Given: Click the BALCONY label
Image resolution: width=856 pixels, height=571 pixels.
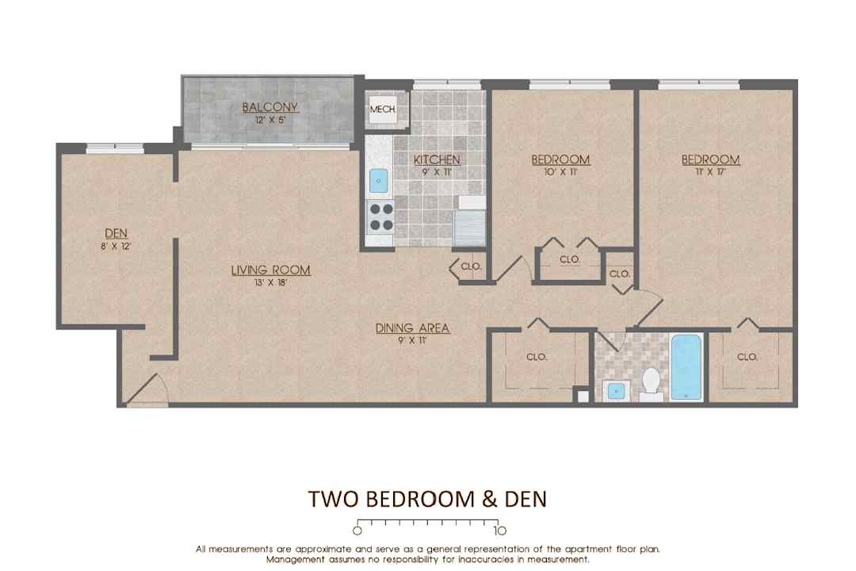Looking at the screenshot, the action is [x=269, y=107].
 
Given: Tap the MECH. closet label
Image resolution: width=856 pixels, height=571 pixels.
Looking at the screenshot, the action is [x=383, y=109].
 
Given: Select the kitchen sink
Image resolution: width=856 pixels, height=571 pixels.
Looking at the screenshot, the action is [x=378, y=181].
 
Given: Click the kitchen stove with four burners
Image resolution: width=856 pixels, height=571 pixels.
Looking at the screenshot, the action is [x=380, y=217].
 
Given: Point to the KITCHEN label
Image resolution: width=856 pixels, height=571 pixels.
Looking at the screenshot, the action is [x=437, y=159].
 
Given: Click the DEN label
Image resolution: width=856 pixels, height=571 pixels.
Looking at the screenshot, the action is [x=116, y=233].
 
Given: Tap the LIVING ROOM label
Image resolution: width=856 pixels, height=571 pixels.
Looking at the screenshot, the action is [x=271, y=270].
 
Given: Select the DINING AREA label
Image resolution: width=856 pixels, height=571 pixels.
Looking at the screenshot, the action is [x=412, y=328].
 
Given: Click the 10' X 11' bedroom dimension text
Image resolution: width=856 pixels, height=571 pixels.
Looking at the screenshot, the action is [x=560, y=172].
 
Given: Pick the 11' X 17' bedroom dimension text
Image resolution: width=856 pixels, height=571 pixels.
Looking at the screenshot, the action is [x=711, y=172].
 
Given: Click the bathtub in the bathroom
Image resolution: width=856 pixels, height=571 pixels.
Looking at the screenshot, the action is [x=686, y=367].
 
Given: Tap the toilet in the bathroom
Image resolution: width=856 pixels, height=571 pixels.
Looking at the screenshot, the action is [x=652, y=383].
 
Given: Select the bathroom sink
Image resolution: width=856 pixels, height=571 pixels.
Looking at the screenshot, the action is [x=617, y=391].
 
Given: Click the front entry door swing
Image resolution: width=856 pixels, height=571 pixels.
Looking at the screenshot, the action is [x=147, y=390].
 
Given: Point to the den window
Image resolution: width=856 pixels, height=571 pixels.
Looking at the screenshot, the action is [x=115, y=147].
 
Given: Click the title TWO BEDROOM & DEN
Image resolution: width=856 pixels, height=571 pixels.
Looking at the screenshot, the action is [x=427, y=499].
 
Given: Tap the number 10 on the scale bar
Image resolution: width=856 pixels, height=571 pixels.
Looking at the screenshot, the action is [x=500, y=531].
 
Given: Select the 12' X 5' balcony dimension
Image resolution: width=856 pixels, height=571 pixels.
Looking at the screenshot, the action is [x=269, y=121].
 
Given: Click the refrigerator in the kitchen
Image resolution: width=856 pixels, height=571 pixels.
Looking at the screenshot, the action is [x=469, y=228].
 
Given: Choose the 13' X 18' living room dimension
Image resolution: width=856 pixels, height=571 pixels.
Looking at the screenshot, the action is [x=271, y=283].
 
